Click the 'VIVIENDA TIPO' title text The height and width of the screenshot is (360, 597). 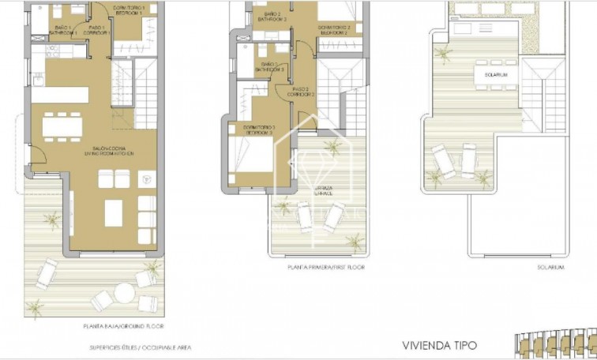[x=439, y=345]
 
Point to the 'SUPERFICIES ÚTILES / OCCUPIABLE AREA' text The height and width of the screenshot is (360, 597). [x=139, y=347]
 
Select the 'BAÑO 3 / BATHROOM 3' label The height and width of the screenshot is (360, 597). [x=269, y=66]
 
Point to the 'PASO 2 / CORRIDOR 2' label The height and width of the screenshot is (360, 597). [x=303, y=92]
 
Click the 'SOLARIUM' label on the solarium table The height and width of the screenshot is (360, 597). [x=486, y=74]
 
